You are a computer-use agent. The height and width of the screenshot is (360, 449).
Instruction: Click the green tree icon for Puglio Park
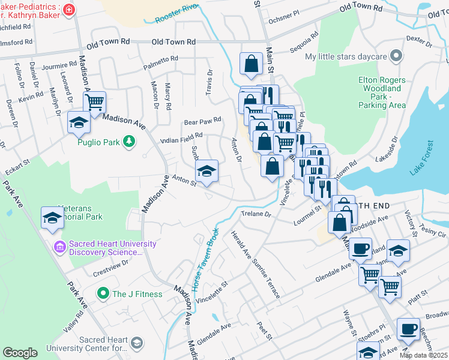[128, 141]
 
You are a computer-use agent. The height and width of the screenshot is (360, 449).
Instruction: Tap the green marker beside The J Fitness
[103, 294]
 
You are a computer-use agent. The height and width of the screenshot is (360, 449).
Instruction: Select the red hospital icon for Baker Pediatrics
[70, 10]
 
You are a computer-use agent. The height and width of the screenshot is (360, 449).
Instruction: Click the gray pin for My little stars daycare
[396, 56]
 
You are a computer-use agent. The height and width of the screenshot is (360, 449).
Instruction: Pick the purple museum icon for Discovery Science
[59, 246]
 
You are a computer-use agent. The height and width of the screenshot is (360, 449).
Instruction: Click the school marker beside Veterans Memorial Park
[52, 217]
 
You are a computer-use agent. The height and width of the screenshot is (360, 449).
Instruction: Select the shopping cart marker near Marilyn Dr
[94, 103]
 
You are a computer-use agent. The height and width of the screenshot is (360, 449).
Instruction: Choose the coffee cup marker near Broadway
[409, 329]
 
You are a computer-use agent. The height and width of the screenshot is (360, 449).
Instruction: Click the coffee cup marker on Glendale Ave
[360, 248]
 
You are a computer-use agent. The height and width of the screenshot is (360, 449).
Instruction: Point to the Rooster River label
[176, 13]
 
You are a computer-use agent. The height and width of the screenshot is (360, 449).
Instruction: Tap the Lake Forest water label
[421, 158]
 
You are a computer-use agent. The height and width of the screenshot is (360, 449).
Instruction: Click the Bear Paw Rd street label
[203, 120]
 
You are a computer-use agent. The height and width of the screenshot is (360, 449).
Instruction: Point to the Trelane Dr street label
[256, 214]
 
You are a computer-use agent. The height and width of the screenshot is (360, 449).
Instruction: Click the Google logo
[20, 353]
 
